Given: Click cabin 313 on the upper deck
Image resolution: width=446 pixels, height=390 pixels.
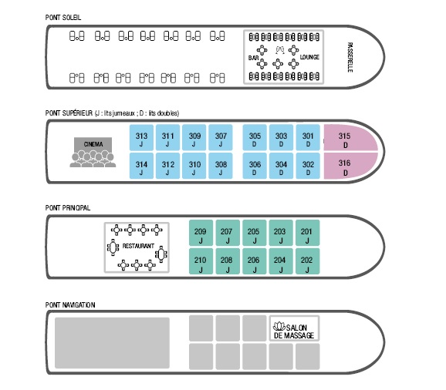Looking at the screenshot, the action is click(x=141, y=137).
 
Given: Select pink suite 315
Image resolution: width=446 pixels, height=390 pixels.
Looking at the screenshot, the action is click(x=350, y=138).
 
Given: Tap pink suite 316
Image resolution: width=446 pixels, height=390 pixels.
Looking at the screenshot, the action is click(x=350, y=166).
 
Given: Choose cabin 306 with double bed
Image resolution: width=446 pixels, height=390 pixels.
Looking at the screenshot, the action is click(x=255, y=166).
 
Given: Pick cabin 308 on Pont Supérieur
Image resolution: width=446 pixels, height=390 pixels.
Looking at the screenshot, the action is click(x=221, y=166).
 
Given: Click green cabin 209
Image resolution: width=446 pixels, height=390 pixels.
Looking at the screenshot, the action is click(x=201, y=233).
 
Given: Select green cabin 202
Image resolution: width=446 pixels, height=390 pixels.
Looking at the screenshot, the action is click(x=307, y=261).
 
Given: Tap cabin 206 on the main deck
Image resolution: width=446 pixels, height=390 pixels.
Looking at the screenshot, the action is click(x=255, y=261).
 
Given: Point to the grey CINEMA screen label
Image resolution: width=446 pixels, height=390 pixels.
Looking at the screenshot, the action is click(x=93, y=144).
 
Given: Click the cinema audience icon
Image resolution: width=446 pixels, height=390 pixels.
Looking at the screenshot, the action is click(x=93, y=159).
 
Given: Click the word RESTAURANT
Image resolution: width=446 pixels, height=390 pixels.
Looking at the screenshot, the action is click(x=138, y=246).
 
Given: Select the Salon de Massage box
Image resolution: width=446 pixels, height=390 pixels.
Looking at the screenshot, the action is click(x=295, y=328).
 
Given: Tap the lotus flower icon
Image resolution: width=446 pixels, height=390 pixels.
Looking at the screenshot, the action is click(x=279, y=326).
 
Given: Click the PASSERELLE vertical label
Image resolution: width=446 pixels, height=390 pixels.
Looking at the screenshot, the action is click(x=350, y=57).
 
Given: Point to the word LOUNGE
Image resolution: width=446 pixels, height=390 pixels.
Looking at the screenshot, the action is click(x=309, y=57).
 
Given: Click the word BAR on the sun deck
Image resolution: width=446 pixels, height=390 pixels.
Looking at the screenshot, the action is click(x=253, y=58).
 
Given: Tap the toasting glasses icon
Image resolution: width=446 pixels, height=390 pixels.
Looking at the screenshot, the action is click(x=280, y=50).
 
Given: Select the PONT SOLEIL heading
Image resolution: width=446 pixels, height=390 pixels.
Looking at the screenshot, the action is click(x=63, y=18).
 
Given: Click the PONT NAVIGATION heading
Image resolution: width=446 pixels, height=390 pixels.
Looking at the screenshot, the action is click(x=70, y=305).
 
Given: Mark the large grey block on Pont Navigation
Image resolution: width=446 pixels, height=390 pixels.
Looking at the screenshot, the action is click(x=112, y=343).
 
